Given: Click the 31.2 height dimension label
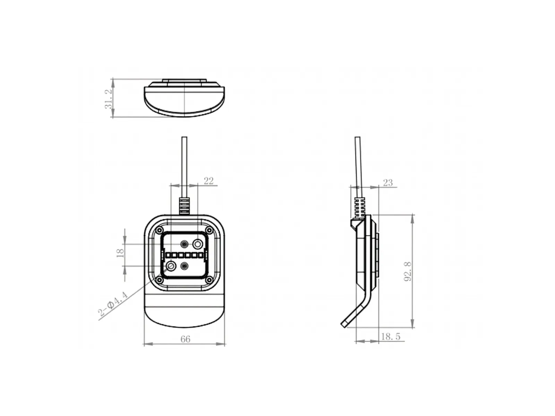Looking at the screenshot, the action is click(109, 99).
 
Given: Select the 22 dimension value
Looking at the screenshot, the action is click(208, 181).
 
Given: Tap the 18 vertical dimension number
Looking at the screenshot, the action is click(120, 253).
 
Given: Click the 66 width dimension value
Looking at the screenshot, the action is click(185, 339).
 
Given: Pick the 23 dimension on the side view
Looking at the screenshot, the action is click(388, 183).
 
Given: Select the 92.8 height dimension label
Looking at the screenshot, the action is click(408, 271).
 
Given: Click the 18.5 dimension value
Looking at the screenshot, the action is click(391, 336).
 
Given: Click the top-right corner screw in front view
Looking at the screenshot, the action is click(210, 230).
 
